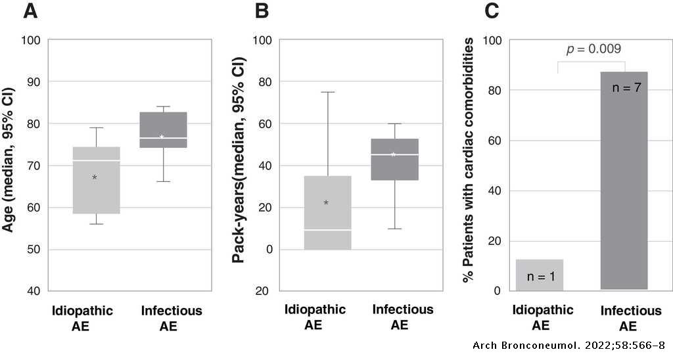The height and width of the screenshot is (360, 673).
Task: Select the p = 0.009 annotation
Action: (x=593, y=49)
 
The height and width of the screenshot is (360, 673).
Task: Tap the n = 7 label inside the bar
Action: (x=625, y=87)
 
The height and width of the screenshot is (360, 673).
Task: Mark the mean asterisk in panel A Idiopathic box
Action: (x=95, y=177)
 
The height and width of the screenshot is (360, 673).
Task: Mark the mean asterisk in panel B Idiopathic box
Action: (x=326, y=202)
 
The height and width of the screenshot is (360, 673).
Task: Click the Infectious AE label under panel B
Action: (x=402, y=317)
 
